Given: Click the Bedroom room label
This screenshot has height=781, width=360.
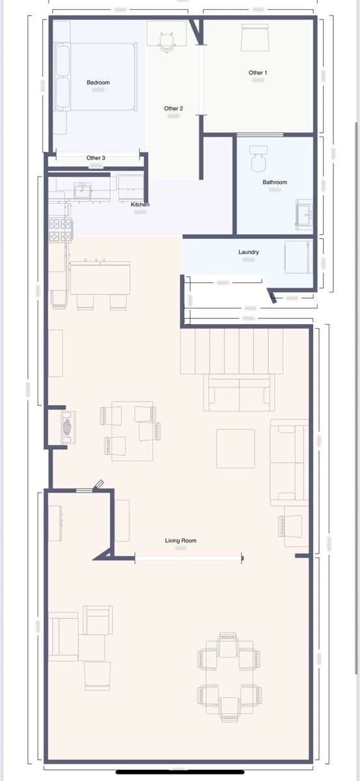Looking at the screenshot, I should pyautogui.click(x=98, y=83).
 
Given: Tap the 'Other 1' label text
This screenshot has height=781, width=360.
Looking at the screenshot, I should pyautogui.click(x=258, y=73).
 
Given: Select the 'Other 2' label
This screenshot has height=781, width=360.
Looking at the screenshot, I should pyautogui.click(x=173, y=109).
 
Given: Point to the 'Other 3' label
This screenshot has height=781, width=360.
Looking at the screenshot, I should pyautogui.click(x=96, y=158).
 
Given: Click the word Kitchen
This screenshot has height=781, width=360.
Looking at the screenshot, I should pyautogui.click(x=140, y=205).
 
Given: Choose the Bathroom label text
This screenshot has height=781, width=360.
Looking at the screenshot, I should pyautogui.click(x=275, y=182).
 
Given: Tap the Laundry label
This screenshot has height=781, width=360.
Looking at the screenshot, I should pyautogui.click(x=249, y=252).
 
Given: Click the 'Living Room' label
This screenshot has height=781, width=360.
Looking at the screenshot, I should pyautogui.click(x=180, y=541).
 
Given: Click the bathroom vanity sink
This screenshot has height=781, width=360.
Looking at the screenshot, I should pyautogui.click(x=304, y=214).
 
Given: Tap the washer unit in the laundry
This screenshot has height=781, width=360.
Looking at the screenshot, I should pyautogui.click(x=298, y=257).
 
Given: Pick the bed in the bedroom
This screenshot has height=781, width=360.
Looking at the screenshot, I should pyautogui.click(x=96, y=76).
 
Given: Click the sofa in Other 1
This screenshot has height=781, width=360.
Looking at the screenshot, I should pyautogui.click(x=255, y=38).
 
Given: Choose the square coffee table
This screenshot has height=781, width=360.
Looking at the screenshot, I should pyautogui.click(x=236, y=448).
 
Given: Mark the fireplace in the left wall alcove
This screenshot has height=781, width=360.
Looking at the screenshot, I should pyautogui.click(x=66, y=427).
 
